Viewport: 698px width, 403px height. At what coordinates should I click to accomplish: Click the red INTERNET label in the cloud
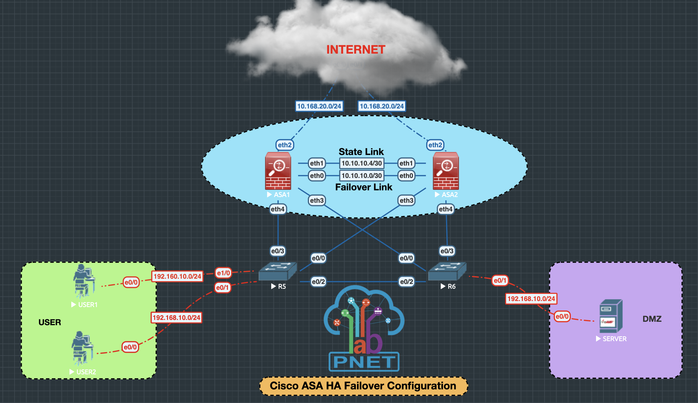tap(356, 50)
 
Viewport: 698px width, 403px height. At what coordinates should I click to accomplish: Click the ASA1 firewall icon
tap(278, 171)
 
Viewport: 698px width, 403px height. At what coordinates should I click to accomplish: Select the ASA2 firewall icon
tap(446, 171)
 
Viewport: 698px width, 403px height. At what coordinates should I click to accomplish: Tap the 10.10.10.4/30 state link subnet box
tap(361, 163)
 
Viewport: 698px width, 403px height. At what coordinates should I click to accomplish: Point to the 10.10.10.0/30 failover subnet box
tap(361, 176)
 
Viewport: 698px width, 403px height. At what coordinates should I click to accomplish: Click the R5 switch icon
tap(277, 271)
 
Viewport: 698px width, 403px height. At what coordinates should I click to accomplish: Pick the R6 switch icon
tap(447, 271)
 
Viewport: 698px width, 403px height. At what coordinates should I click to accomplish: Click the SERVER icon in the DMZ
tap(611, 316)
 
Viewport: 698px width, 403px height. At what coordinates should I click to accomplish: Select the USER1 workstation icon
tap(83, 281)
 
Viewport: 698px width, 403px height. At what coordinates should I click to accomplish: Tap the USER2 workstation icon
tap(82, 348)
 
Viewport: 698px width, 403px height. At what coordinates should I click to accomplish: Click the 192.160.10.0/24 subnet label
tap(177, 276)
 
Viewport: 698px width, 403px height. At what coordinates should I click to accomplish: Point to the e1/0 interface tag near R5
tap(223, 273)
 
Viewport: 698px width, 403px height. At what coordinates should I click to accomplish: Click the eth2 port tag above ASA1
tap(285, 145)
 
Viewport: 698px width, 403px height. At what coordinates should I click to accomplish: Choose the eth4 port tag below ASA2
tap(446, 209)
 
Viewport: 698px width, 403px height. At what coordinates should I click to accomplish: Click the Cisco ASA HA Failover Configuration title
tap(363, 386)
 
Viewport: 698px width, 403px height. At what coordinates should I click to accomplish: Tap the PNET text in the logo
tap(364, 362)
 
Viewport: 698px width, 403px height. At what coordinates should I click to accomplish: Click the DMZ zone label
tap(652, 319)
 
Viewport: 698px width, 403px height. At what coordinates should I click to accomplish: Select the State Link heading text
tap(361, 152)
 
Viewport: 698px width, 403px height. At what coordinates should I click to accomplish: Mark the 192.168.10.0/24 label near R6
tap(531, 299)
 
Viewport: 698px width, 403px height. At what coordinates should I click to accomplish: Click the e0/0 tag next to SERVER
tap(562, 317)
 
